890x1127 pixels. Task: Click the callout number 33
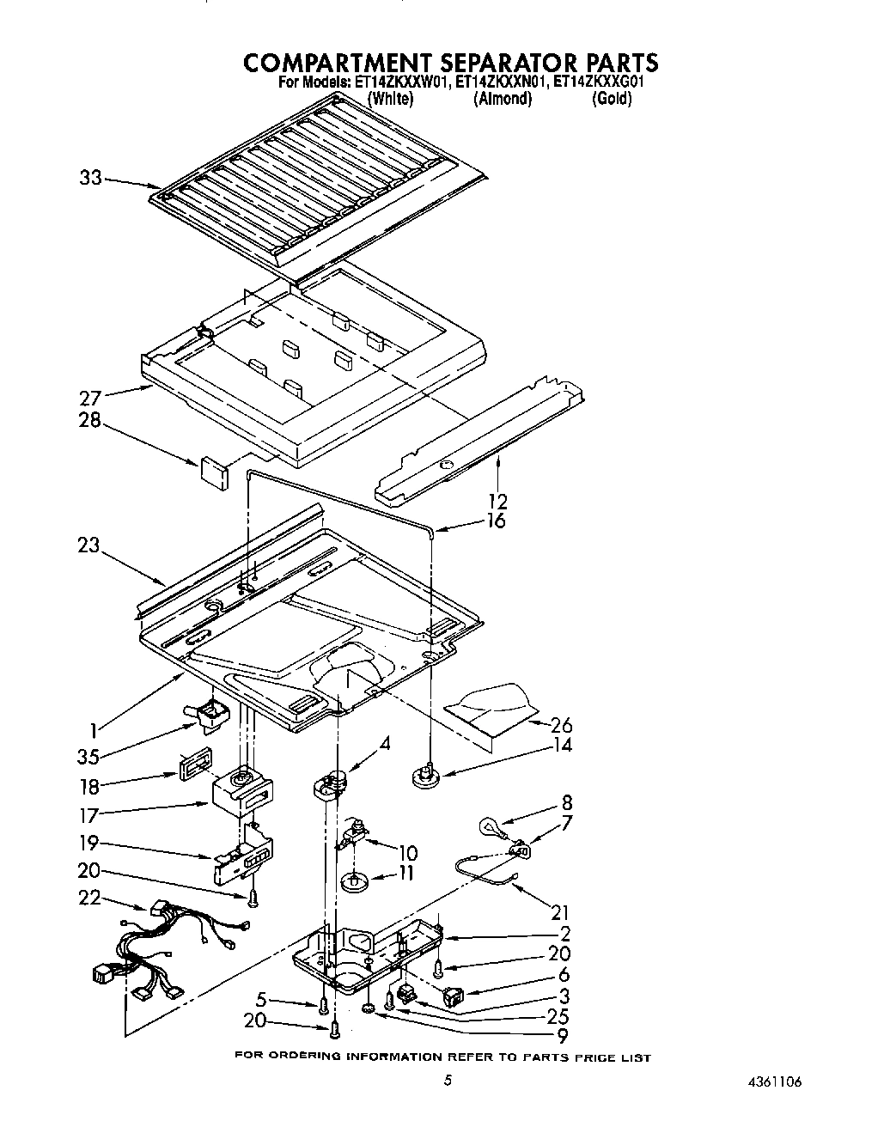tap(90, 178)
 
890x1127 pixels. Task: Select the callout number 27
tap(90, 398)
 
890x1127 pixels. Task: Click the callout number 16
tap(496, 521)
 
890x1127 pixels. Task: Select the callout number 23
tap(88, 545)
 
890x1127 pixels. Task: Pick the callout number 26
tap(561, 725)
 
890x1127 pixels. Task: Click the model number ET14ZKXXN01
tap(499, 83)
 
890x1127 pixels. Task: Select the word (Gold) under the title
tap(612, 99)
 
